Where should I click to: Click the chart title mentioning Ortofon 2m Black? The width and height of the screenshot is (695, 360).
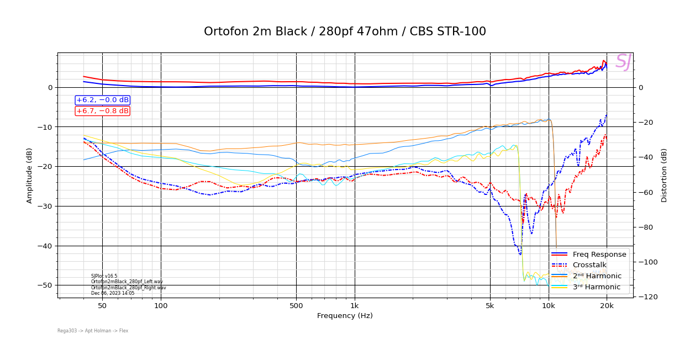345,31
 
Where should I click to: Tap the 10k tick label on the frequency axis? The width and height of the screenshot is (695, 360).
548,305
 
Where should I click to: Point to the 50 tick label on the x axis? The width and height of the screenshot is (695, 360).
102,305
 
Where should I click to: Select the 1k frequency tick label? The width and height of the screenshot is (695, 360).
355,305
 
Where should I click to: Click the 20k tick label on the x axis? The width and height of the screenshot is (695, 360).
607,305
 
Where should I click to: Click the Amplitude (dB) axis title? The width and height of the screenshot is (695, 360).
30,175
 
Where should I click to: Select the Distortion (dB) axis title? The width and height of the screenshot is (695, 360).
664,175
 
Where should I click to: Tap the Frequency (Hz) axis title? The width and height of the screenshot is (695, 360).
345,316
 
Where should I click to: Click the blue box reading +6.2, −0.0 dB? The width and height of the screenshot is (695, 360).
102,100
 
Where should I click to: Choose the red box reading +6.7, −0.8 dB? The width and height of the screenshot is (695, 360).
102,111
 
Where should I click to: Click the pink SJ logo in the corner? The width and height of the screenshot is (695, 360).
623,62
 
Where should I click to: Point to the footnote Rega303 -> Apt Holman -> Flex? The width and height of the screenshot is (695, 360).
93,331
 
